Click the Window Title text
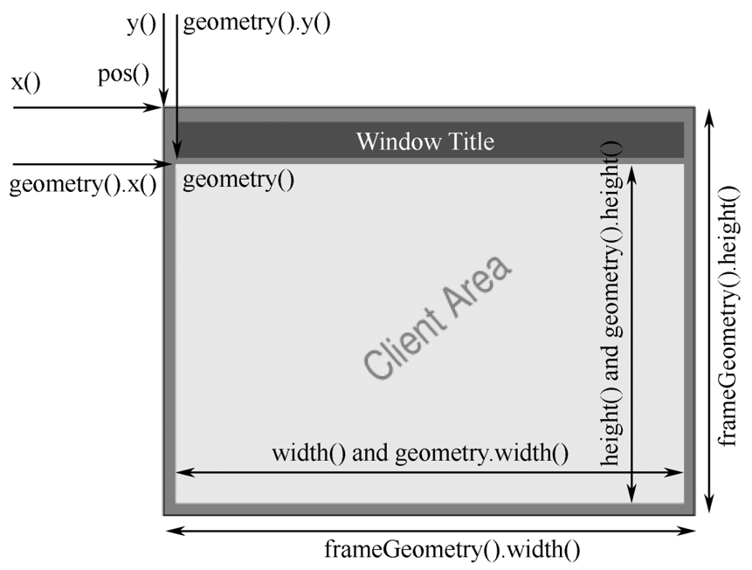coord(424,141)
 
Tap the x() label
coord(25,83)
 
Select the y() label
coord(141,24)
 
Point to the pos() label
coord(123,73)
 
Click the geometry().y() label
coord(257,24)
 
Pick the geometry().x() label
coord(82,185)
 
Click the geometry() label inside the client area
coord(238,181)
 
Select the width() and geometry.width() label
coord(420,453)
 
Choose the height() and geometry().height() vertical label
coord(611,303)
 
